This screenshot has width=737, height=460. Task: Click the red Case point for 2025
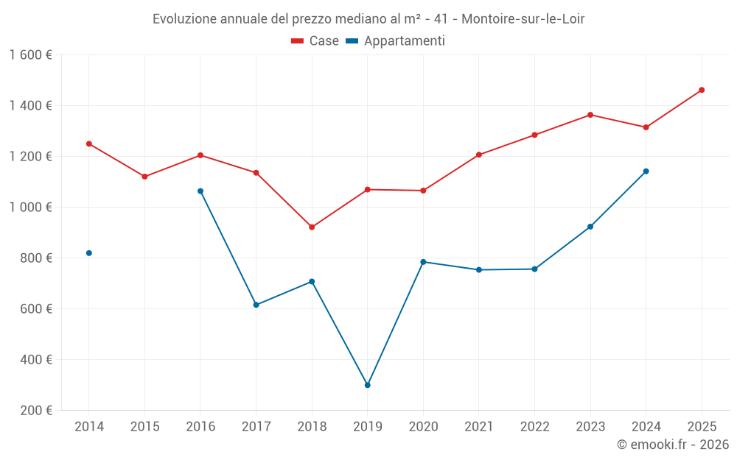click(x=702, y=90)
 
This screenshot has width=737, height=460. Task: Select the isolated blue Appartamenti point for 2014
click(x=89, y=253)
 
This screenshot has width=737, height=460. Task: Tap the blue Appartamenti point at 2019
click(x=368, y=385)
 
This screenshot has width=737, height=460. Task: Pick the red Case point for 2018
click(x=312, y=227)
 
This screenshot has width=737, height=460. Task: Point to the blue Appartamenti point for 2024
click(x=646, y=171)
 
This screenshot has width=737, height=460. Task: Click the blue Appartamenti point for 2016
click(x=200, y=191)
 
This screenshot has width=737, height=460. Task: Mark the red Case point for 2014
click(x=89, y=144)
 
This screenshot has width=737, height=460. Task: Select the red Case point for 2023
click(x=590, y=115)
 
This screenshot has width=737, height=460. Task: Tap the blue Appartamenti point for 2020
click(x=423, y=262)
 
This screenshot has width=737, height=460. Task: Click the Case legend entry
click(x=315, y=41)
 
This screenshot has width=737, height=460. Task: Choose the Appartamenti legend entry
click(x=396, y=41)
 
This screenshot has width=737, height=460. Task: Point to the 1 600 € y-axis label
click(x=31, y=55)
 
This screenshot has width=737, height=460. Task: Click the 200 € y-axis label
click(x=35, y=411)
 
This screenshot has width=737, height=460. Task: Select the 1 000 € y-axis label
click(x=31, y=208)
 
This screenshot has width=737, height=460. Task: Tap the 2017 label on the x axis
click(x=256, y=427)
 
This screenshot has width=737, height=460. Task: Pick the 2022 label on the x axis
click(x=534, y=427)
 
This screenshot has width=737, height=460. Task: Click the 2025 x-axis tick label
click(x=702, y=427)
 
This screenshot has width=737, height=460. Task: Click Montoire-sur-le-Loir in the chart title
click(x=523, y=19)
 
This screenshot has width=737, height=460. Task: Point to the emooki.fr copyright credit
click(x=673, y=445)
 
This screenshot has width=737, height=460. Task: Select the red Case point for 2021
click(x=479, y=155)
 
